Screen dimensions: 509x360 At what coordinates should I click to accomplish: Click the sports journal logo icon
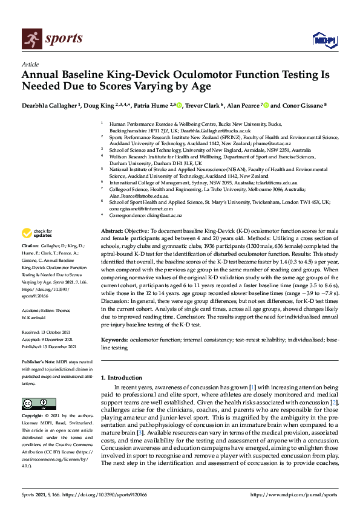[x=30, y=39]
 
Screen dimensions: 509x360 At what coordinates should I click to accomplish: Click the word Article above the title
[x=30, y=65]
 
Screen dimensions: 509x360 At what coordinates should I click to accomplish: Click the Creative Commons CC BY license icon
[x=34, y=404]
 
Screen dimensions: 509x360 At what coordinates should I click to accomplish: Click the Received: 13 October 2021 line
[x=48, y=332]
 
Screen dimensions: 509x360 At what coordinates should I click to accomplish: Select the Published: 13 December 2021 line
[x=48, y=346]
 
